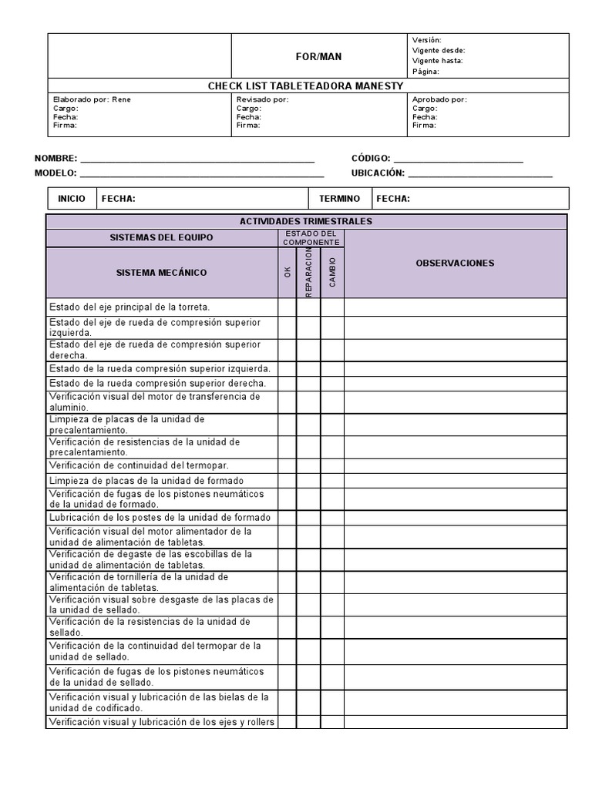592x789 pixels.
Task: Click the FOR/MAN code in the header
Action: tap(319, 57)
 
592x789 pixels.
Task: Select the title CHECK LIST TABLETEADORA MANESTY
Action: tap(305, 86)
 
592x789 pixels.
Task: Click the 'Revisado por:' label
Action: tap(262, 99)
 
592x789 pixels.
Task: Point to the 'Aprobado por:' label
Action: tap(439, 99)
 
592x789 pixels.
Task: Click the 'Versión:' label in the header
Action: tap(427, 39)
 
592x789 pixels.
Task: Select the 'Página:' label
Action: tap(425, 72)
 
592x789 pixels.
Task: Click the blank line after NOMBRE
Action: tap(197, 159)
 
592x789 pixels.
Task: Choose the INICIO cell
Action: tap(72, 199)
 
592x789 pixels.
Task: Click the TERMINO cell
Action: tap(339, 199)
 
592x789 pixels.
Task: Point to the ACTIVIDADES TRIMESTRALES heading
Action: tap(306, 222)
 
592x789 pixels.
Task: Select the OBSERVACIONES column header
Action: tap(455, 264)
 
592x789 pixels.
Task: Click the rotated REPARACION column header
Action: tap(308, 272)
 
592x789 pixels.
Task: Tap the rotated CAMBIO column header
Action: tap(332, 272)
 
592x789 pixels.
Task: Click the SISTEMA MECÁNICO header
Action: tap(161, 273)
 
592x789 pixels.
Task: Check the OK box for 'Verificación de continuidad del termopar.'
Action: tap(287, 465)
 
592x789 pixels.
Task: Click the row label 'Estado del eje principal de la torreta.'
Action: tap(129, 307)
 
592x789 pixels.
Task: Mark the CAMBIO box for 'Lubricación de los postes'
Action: tap(332, 518)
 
